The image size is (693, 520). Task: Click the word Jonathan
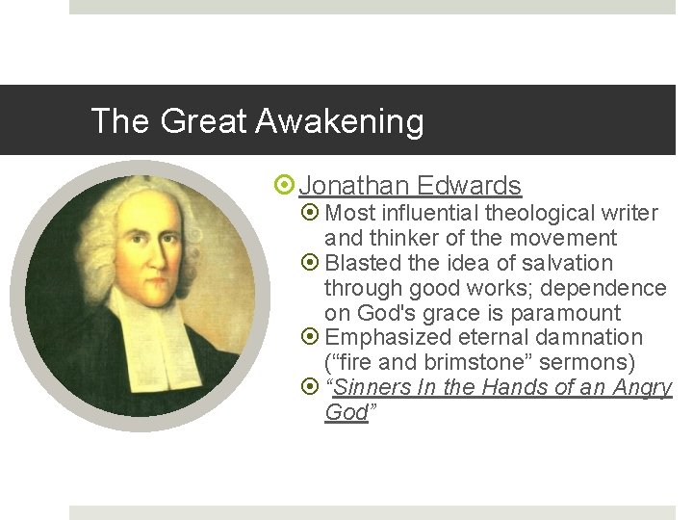click(353, 185)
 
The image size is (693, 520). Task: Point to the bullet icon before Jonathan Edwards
click(285, 186)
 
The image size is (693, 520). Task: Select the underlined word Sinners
click(372, 388)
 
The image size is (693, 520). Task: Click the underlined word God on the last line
click(346, 413)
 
